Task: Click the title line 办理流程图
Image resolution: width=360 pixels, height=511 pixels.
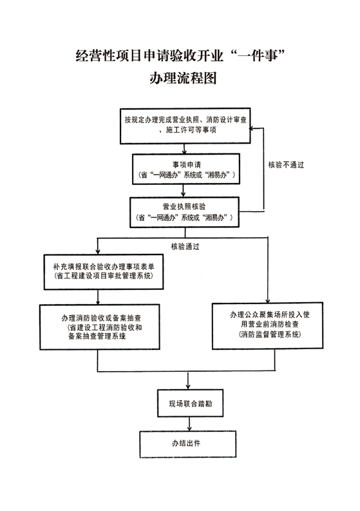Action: pos(183,78)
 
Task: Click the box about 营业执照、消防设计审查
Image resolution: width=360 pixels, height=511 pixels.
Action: pos(185,126)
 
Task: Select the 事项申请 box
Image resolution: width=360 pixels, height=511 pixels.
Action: pos(186,169)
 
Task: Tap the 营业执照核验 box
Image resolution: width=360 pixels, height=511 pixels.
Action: pos(184,212)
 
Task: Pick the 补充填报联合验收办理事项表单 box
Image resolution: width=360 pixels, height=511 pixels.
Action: pos(104,272)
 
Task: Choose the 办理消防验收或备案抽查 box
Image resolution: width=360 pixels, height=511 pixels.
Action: pos(100,327)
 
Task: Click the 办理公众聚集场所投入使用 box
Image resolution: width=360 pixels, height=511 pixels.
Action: pos(267,326)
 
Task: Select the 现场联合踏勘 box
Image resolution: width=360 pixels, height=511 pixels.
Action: pos(190,403)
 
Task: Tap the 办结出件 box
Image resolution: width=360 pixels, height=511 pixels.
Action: pos(187,444)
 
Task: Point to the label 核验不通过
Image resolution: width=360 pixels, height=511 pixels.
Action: pos(286,165)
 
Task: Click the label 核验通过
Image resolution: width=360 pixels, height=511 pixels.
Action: pos(185,247)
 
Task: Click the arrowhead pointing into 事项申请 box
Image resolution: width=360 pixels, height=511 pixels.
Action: pos(184,151)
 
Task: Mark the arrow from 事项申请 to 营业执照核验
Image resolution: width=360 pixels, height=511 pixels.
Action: pos(183,191)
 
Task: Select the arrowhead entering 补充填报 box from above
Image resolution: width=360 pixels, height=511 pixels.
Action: pos(98,251)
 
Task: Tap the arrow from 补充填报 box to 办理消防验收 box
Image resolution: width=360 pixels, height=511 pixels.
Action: pos(98,297)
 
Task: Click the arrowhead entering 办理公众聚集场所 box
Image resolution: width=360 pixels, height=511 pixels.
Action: pos(268,300)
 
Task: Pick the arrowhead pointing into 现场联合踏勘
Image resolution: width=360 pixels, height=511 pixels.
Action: pos(188,387)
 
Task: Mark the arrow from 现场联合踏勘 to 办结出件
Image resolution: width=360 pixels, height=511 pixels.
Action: pos(189,424)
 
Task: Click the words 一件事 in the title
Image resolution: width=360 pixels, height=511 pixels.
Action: pos(259,56)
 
